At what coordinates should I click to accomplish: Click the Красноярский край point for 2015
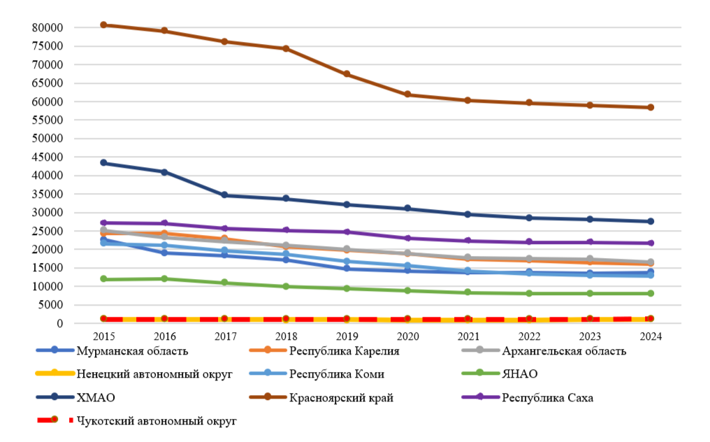tap(103, 25)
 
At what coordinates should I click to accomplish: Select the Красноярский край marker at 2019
tap(347, 74)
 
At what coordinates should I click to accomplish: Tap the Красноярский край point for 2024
tap(651, 108)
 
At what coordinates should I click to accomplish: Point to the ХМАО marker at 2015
tap(103, 163)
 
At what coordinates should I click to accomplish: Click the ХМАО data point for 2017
tap(224, 195)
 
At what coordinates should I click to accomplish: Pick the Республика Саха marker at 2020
tap(407, 238)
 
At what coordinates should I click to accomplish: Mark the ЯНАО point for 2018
tap(287, 287)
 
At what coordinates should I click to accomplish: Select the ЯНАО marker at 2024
tap(651, 294)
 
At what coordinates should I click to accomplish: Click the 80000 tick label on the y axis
tap(48, 28)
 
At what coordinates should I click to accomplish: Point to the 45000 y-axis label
tap(48, 157)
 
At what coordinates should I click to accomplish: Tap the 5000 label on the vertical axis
tap(50, 305)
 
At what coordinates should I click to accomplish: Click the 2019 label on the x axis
tap(347, 336)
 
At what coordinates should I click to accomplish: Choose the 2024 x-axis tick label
tap(651, 336)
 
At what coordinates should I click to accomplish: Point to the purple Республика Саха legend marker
tap(480, 397)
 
